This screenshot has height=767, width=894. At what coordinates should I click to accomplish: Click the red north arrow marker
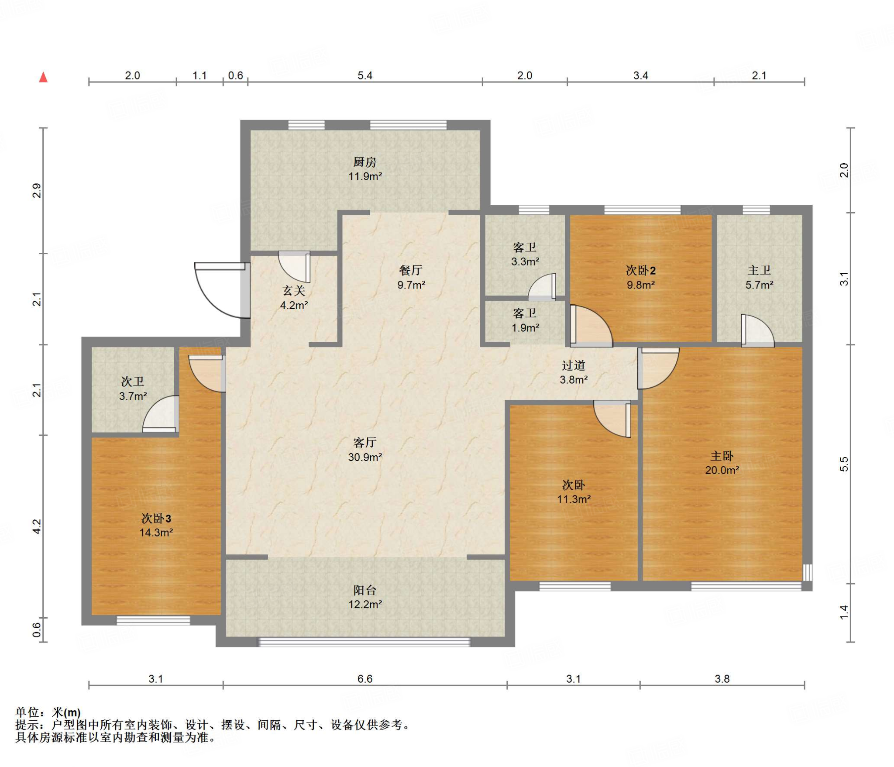43,77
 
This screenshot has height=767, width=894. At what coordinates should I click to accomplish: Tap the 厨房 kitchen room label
364,162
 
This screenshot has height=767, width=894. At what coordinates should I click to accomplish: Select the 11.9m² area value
365,176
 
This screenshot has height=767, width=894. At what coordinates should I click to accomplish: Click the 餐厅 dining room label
410,270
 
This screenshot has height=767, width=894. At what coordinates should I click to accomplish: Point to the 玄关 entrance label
294,291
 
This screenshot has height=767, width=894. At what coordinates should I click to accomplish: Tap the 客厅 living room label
364,443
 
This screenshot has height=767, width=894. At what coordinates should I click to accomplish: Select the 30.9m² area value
365,457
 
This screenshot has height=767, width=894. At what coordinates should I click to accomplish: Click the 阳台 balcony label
364,590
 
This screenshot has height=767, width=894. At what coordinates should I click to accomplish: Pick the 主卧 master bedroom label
722,456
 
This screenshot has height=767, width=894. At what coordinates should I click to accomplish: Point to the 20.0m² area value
722,470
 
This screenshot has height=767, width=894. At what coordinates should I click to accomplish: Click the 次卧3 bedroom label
156,518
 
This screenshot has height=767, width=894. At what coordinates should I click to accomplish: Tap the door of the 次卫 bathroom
161,413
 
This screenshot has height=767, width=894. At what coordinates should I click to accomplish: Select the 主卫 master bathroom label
759,271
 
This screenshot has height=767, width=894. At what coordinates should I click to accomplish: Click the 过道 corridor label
573,365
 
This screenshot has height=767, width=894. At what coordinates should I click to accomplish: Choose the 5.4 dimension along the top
365,76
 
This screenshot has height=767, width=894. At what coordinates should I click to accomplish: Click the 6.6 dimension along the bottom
365,679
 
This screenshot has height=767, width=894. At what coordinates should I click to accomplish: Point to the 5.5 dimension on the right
844,464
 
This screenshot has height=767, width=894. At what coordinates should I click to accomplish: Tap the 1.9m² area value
525,327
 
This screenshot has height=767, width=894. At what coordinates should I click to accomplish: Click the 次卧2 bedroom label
640,271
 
